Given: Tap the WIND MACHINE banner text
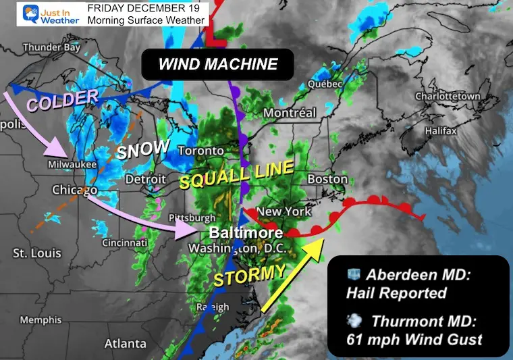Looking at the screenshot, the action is pos(217,65).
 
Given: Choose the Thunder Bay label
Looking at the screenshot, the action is pos(51,47).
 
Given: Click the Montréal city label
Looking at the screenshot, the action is pos(290,112).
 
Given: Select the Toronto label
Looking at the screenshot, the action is pos(200,150).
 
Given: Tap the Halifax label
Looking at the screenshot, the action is pos(441,130).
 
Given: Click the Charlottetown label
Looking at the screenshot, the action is pos(448,97).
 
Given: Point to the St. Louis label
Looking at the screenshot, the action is pos(36,253).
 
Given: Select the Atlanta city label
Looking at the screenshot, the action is pos(126,344).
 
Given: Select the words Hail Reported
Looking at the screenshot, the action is pos(396,293).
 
